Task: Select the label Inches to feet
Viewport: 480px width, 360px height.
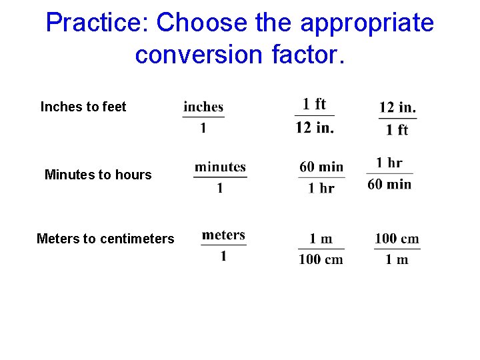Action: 83,107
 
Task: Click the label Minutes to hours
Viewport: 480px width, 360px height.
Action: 98,175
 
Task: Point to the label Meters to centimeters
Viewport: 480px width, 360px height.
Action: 105,239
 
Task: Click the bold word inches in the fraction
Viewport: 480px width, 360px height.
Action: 203,107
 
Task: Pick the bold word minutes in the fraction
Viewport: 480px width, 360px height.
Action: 220,167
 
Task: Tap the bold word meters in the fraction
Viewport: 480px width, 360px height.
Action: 223,235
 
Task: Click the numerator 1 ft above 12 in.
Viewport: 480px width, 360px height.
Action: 314,104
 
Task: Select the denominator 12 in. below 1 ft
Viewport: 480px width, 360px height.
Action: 315,128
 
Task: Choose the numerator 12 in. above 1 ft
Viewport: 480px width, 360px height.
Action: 397,107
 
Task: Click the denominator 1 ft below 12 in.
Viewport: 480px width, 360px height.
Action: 397,130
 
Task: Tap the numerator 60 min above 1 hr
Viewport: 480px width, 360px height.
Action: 321,167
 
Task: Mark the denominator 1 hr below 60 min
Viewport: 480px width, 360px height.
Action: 321,188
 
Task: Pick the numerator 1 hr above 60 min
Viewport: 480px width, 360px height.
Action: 389,163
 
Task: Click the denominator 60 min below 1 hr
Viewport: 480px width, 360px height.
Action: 389,184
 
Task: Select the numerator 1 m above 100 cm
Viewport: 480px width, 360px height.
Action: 321,239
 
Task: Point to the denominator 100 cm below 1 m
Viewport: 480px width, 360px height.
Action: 321,259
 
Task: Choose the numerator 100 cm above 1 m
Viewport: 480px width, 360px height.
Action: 397,239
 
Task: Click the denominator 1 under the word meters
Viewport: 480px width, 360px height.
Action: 223,256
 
